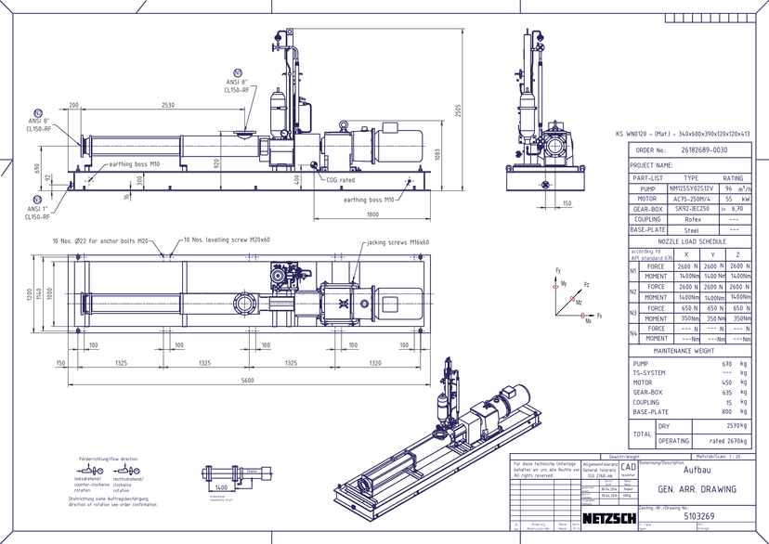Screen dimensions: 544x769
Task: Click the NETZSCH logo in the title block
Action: [x=609, y=517]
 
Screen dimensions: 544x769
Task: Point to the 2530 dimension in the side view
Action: [x=169, y=105]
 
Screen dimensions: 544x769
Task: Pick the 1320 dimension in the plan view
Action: [x=374, y=363]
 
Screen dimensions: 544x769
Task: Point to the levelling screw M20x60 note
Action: [x=214, y=240]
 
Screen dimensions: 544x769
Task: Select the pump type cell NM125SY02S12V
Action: [x=690, y=188]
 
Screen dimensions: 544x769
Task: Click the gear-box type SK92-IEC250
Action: [x=690, y=209]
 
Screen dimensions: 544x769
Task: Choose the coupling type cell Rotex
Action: [x=690, y=219]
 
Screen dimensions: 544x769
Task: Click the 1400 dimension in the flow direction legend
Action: [x=222, y=486]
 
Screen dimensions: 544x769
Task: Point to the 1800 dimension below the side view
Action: [x=371, y=214]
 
